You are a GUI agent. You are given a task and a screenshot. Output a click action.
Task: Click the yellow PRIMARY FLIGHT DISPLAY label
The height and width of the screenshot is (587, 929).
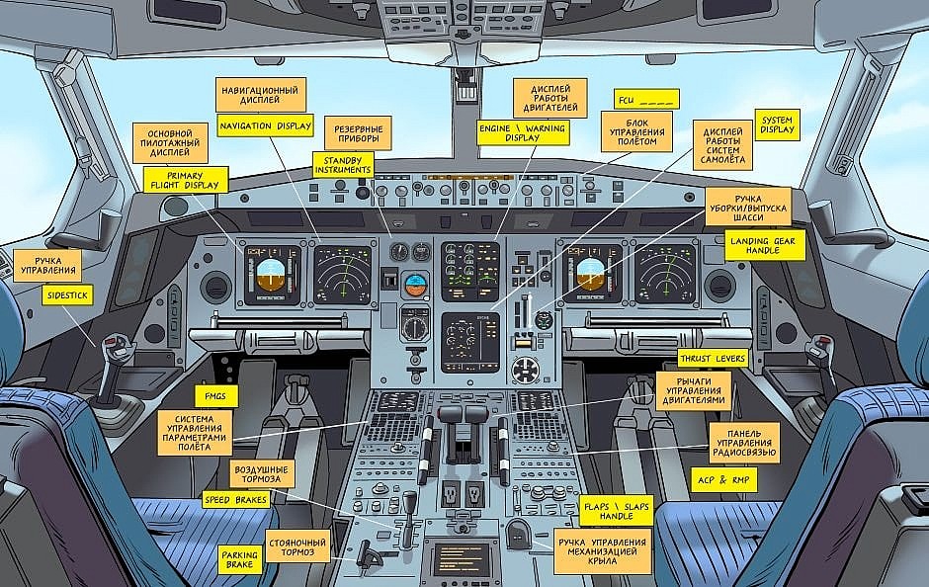pyautogui.click(x=185, y=180)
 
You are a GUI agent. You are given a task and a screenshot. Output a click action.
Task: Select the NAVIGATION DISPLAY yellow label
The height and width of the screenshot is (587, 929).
pyautogui.click(x=266, y=126)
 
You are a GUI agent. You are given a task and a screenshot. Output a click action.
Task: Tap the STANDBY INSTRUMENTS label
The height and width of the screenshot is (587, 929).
pyautogui.click(x=343, y=164)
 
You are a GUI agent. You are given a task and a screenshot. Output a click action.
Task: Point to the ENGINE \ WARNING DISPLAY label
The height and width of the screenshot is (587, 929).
pyautogui.click(x=523, y=133)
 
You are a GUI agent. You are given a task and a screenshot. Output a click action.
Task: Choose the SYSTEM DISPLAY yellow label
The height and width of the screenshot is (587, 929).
pyautogui.click(x=777, y=125)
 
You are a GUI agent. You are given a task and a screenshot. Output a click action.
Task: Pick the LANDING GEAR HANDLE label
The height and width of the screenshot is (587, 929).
pyautogui.click(x=765, y=245)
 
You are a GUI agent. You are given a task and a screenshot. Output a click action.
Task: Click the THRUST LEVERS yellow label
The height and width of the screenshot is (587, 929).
pyautogui.click(x=713, y=358)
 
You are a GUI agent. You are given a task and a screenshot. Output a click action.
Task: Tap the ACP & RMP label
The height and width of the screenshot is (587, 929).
pyautogui.click(x=723, y=479)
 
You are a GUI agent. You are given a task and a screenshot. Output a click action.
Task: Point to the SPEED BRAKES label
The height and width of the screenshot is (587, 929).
pyautogui.click(x=236, y=501)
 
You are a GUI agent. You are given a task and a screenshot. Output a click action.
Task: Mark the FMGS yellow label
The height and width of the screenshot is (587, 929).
pyautogui.click(x=215, y=396)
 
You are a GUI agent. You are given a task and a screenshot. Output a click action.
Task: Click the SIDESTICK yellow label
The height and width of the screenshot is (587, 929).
pyautogui.click(x=68, y=294)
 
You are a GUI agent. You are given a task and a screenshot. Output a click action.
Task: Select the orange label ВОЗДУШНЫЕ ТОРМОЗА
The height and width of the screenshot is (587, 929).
pyautogui.click(x=262, y=473)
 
